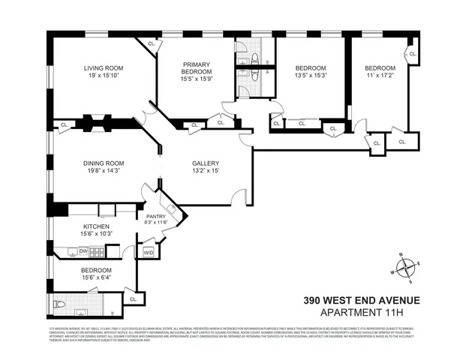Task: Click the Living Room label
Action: coord(92,67)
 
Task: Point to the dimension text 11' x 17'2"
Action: coord(379,75)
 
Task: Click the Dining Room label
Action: coord(92,163)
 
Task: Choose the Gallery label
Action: coord(206,163)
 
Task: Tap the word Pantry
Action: coord(157,215)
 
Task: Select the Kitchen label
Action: coord(95,226)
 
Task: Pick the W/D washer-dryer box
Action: coord(148,252)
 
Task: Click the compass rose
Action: coord(406,266)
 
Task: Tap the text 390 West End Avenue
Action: coord(362,301)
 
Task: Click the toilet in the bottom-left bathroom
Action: coord(60,304)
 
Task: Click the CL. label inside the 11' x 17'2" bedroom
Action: coord(413,53)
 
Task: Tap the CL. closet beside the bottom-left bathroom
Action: coord(134,299)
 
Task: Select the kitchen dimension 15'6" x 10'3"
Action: coord(95,234)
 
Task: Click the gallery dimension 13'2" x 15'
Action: coord(206,170)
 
